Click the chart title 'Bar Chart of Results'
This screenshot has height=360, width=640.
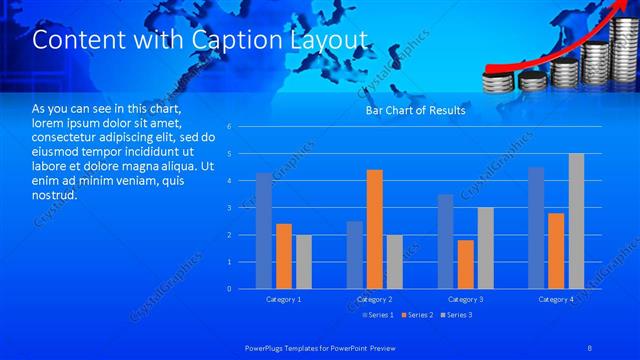(415, 111)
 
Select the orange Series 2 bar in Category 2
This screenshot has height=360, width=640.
(375, 229)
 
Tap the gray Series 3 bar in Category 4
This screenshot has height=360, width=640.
(576, 221)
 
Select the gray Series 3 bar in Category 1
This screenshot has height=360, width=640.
(303, 262)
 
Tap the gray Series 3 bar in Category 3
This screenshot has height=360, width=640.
(485, 248)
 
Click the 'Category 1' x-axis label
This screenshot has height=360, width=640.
(283, 299)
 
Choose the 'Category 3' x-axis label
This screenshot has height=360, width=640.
(465, 299)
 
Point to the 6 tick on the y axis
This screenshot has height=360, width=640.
(229, 127)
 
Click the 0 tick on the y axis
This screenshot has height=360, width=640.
(229, 289)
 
